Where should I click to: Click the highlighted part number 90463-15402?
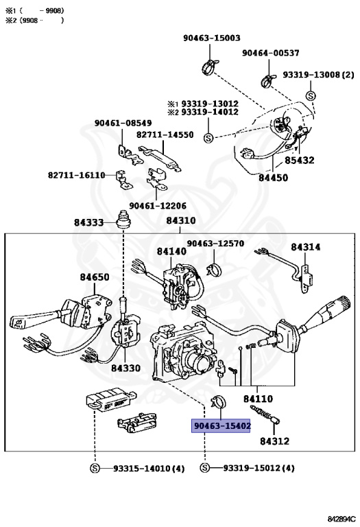pyautogui.click(x=221, y=425)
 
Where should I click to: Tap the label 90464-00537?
pyautogui.click(x=270, y=53)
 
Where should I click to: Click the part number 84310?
pyautogui.click(x=180, y=221)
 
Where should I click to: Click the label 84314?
pyautogui.click(x=305, y=247)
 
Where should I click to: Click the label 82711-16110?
pyautogui.click(x=76, y=176)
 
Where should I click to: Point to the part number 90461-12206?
pyautogui.click(x=157, y=205)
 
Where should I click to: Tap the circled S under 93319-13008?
pyautogui.click(x=310, y=95)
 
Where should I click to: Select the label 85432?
pyautogui.click(x=300, y=160)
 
